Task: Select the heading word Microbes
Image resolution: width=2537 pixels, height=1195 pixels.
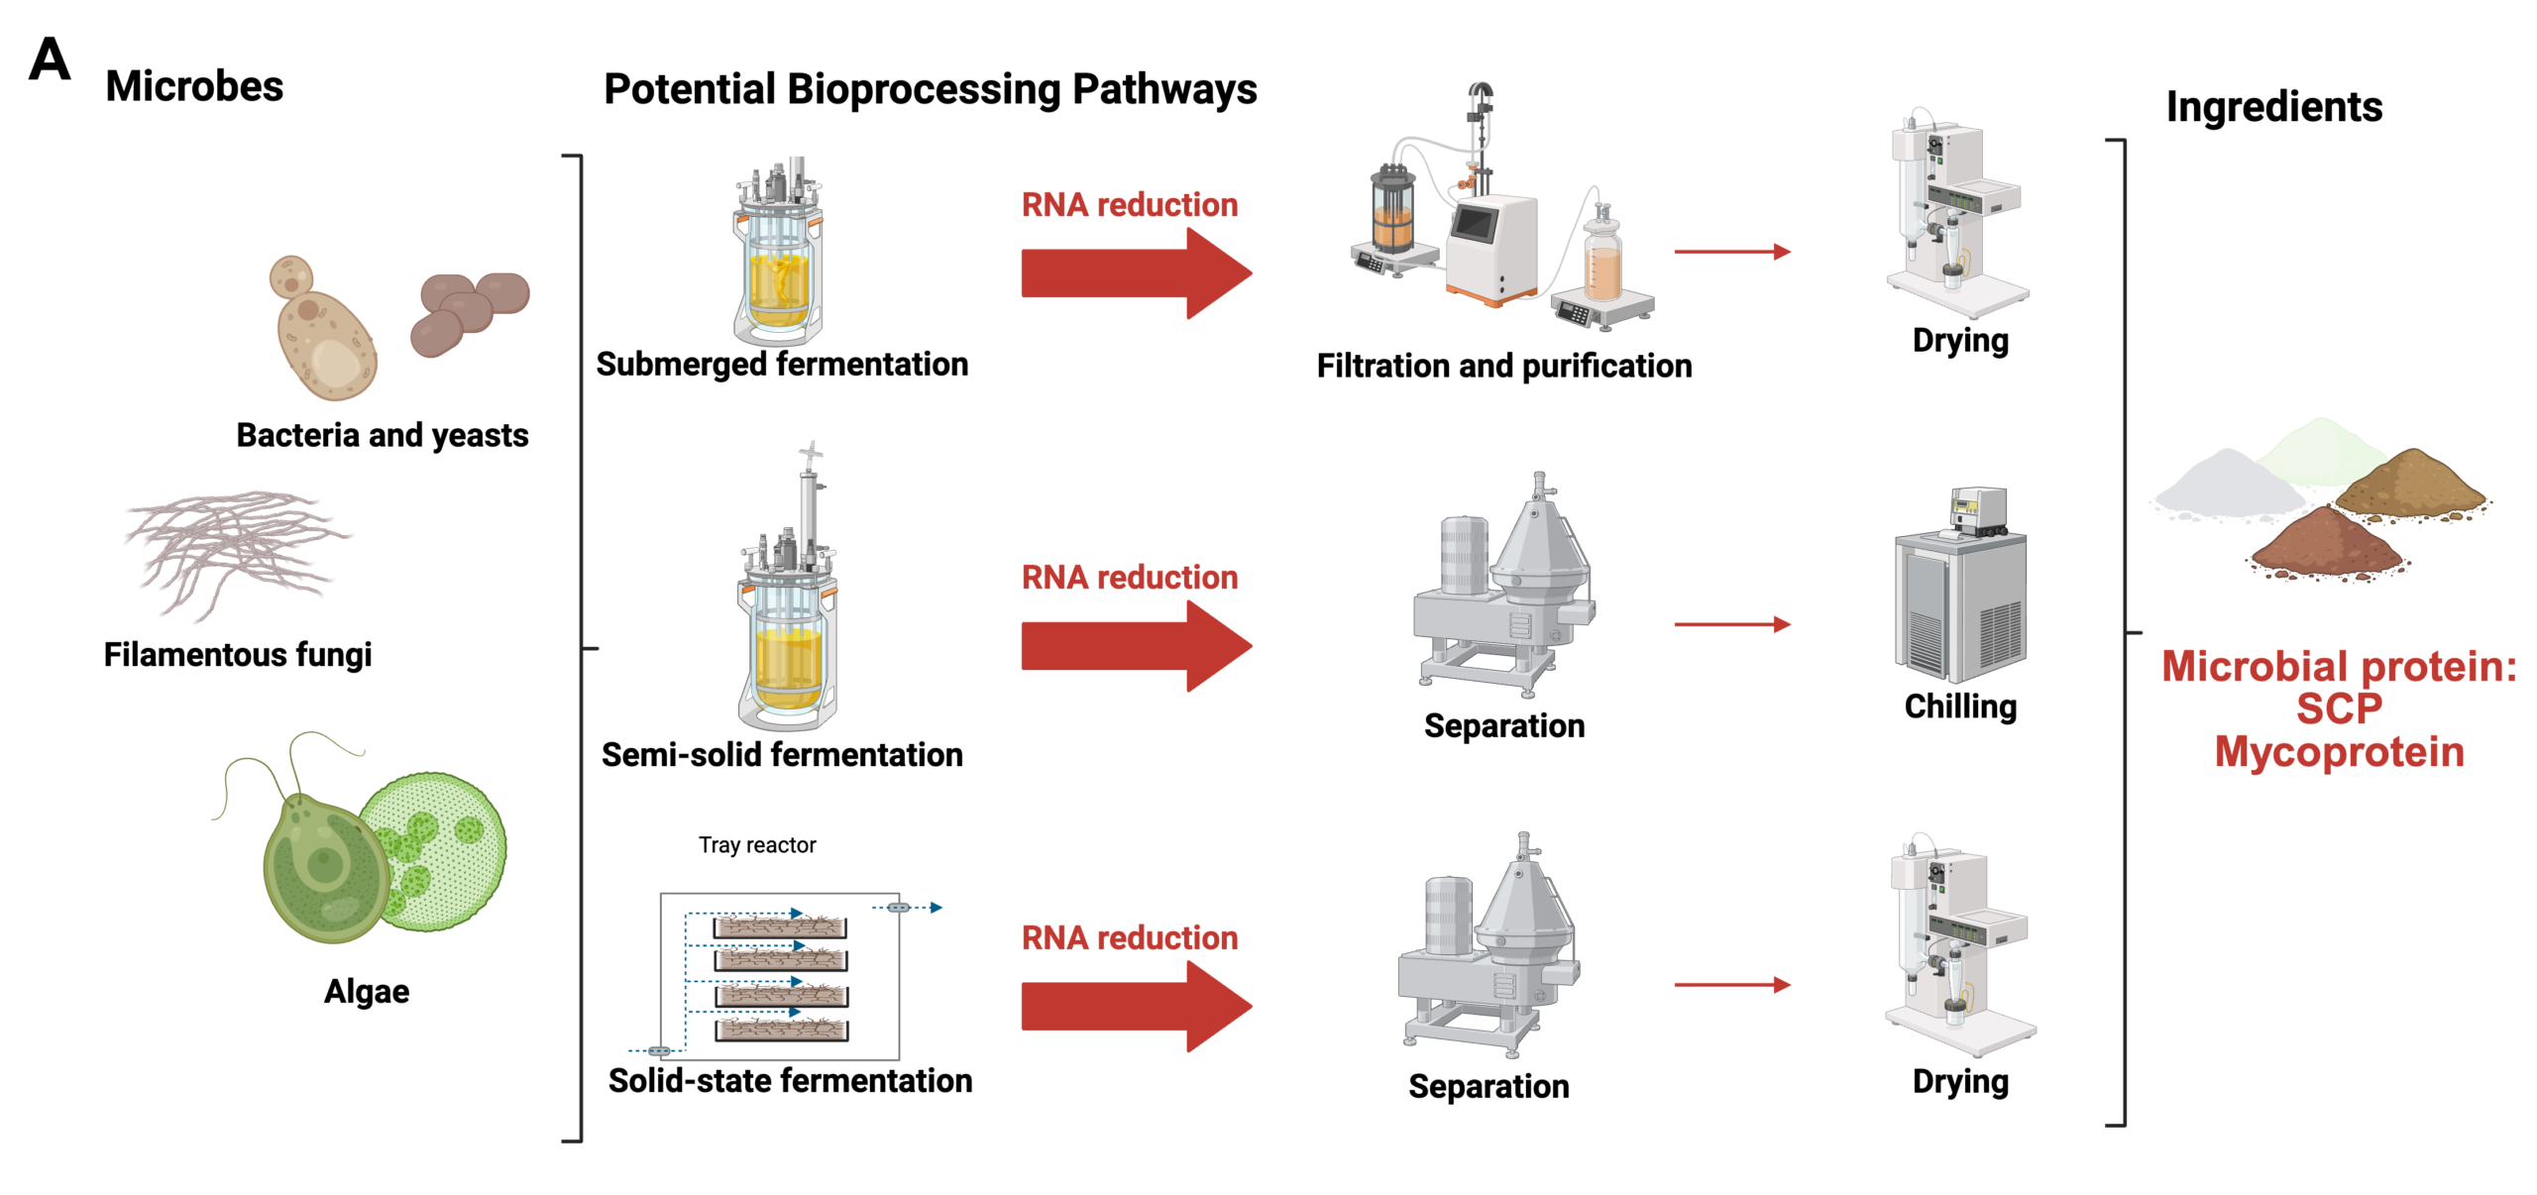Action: (x=194, y=87)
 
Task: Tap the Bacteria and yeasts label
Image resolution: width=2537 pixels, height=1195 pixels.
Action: (x=382, y=435)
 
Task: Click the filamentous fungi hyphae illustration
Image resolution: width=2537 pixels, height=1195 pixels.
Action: (x=233, y=550)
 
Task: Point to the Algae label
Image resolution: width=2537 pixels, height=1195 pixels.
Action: (x=366, y=991)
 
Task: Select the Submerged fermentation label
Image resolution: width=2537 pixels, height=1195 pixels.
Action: (x=781, y=365)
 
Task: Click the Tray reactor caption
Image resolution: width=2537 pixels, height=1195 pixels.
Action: (x=756, y=845)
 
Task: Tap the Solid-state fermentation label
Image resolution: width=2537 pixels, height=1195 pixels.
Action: (x=789, y=1080)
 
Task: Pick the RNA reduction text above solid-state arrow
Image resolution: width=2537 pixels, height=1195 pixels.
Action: (x=1129, y=937)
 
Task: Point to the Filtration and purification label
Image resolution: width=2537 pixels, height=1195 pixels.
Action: (x=1503, y=367)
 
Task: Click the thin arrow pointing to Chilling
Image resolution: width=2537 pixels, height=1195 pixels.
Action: (x=1731, y=624)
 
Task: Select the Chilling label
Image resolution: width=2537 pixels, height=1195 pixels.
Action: (x=1959, y=706)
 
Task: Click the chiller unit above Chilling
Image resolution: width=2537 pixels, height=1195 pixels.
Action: (x=1959, y=595)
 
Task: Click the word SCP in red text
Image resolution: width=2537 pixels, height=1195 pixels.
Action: (x=2338, y=709)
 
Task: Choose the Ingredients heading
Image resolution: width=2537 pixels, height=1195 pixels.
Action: (x=2273, y=107)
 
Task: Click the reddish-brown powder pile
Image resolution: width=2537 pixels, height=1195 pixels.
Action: (x=2324, y=545)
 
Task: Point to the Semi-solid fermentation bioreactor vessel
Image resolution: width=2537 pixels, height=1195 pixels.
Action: (x=788, y=634)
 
